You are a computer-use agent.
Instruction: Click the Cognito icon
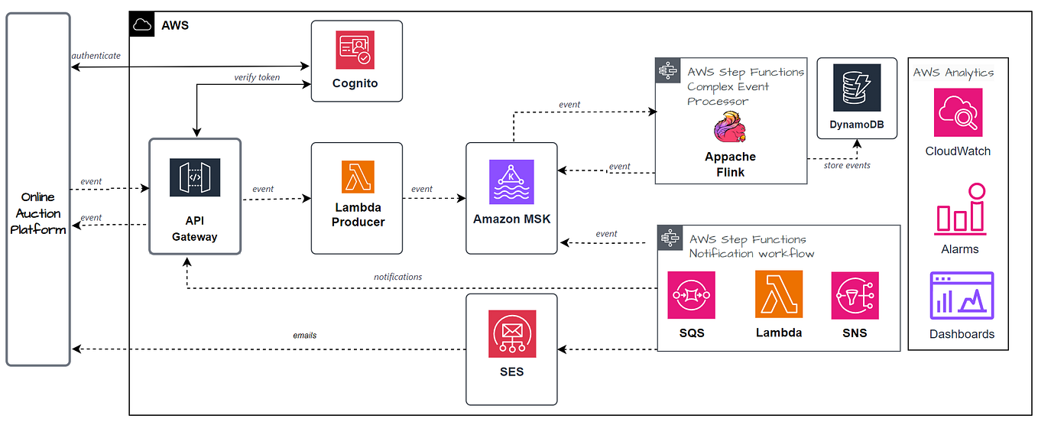[355, 50]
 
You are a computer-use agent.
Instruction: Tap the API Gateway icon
[195, 177]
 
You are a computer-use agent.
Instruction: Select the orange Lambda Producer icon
[358, 177]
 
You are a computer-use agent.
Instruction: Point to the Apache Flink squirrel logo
[731, 127]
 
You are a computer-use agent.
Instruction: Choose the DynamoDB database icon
[857, 88]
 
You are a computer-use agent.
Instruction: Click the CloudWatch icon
[958, 112]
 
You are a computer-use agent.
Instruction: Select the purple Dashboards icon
[962, 296]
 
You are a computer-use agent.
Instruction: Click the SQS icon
[691, 295]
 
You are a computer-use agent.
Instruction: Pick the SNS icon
[855, 295]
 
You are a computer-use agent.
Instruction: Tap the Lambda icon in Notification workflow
[779, 294]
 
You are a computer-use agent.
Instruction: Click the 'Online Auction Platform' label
[38, 213]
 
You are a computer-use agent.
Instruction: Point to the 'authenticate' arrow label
[96, 56]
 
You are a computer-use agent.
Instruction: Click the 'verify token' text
[257, 77]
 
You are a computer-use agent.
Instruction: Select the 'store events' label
[846, 165]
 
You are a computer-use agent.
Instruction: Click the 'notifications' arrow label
[397, 277]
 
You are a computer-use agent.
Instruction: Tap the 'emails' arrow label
[304, 335]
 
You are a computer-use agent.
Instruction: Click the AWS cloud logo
[141, 24]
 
